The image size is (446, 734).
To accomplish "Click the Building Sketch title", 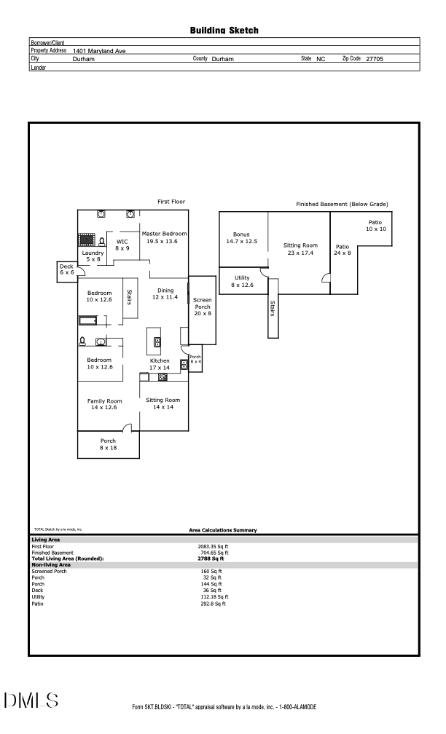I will coord(224,31).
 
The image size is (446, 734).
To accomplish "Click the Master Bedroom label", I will coord(164,237).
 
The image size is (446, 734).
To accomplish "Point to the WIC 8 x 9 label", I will coord(122,244).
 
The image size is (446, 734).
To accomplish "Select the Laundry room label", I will coord(93,256).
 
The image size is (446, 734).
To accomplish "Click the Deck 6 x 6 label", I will coord(68,269).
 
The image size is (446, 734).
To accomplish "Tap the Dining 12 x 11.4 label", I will coord(165,293).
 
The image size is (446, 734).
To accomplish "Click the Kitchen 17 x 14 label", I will coord(160,364).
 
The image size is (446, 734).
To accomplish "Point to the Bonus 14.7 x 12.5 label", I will coord(241,237).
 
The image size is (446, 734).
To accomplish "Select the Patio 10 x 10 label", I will coord(375,226).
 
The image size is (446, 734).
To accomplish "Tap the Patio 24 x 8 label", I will coord(343,250).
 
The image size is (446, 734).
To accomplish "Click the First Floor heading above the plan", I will coord(172,201).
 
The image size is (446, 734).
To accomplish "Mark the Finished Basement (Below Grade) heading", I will coord(342,204).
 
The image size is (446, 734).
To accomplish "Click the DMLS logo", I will coord(31,701).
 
